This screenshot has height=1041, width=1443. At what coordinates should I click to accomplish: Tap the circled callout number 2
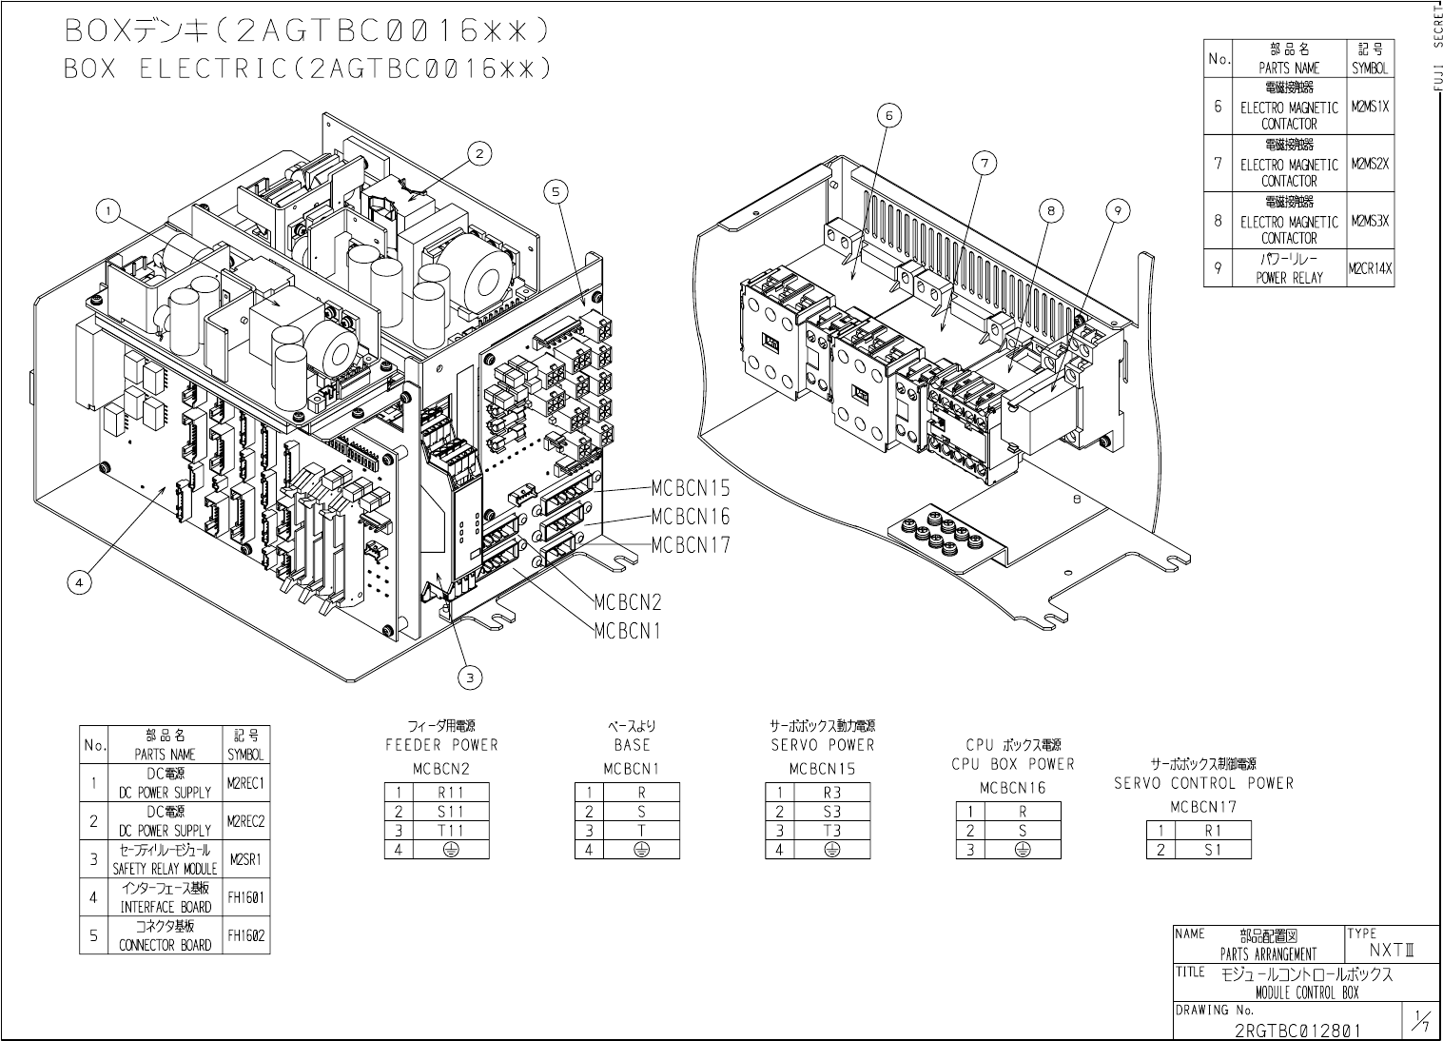(479, 152)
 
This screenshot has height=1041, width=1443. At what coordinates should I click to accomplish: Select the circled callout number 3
(469, 678)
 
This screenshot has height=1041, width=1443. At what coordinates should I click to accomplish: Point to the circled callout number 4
(80, 583)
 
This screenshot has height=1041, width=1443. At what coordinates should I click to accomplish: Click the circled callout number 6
(888, 115)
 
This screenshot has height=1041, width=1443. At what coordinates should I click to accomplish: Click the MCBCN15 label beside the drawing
(691, 488)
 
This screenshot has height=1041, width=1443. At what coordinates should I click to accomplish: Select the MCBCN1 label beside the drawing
(627, 631)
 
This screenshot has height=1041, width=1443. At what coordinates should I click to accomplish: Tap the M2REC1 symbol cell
(245, 784)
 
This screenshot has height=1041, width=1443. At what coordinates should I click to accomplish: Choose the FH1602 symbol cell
(245, 935)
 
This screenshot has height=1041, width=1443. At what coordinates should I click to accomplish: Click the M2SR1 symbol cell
(245, 859)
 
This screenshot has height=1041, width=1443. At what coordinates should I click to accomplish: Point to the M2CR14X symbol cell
(1370, 268)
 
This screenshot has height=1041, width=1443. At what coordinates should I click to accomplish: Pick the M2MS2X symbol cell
(1370, 164)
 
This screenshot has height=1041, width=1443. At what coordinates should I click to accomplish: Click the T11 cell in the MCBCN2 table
(451, 831)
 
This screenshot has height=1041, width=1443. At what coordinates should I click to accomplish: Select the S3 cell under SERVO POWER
(831, 812)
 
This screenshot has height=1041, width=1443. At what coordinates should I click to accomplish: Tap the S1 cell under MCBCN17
(1213, 849)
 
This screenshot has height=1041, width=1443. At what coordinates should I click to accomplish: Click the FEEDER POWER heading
(441, 745)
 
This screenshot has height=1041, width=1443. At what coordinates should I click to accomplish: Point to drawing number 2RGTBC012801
(1297, 1030)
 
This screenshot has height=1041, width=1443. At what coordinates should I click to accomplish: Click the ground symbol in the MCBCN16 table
(1023, 849)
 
